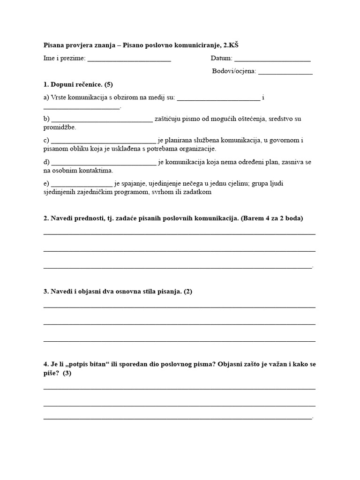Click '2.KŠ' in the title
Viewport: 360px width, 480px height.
click(x=236, y=45)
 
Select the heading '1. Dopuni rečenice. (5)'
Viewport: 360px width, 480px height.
click(x=78, y=84)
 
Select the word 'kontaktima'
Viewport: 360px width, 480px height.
click(x=96, y=171)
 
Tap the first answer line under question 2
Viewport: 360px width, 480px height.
click(x=179, y=233)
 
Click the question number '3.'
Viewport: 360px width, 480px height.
click(x=46, y=291)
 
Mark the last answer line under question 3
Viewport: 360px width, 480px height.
click(x=179, y=340)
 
